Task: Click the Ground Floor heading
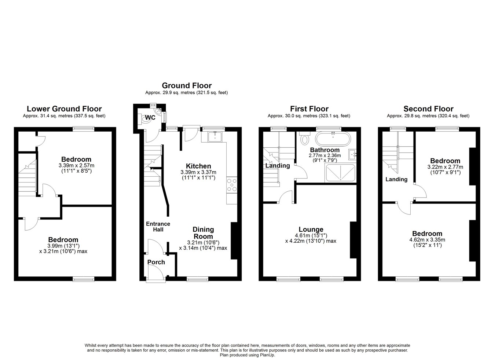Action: [x=187, y=85]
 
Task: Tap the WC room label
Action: [x=150, y=117]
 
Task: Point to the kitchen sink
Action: [x=215, y=136]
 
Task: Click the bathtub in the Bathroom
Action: [x=333, y=139]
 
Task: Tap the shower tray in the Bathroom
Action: [x=341, y=173]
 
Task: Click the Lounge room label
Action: [x=311, y=229]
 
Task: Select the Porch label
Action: [x=156, y=262]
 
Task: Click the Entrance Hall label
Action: [x=158, y=227]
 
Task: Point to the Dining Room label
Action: [x=203, y=233]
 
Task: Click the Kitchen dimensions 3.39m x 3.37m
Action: [x=198, y=172]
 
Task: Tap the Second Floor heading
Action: [x=428, y=109]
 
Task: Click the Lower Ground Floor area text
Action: [x=64, y=116]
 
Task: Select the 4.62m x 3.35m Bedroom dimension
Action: [x=427, y=239]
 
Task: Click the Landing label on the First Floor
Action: [x=278, y=166]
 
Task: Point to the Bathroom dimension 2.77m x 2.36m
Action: [x=324, y=155]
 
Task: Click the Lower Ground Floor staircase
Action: [x=27, y=178]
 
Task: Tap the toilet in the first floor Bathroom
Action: [x=305, y=138]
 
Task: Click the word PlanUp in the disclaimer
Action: [x=267, y=355]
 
